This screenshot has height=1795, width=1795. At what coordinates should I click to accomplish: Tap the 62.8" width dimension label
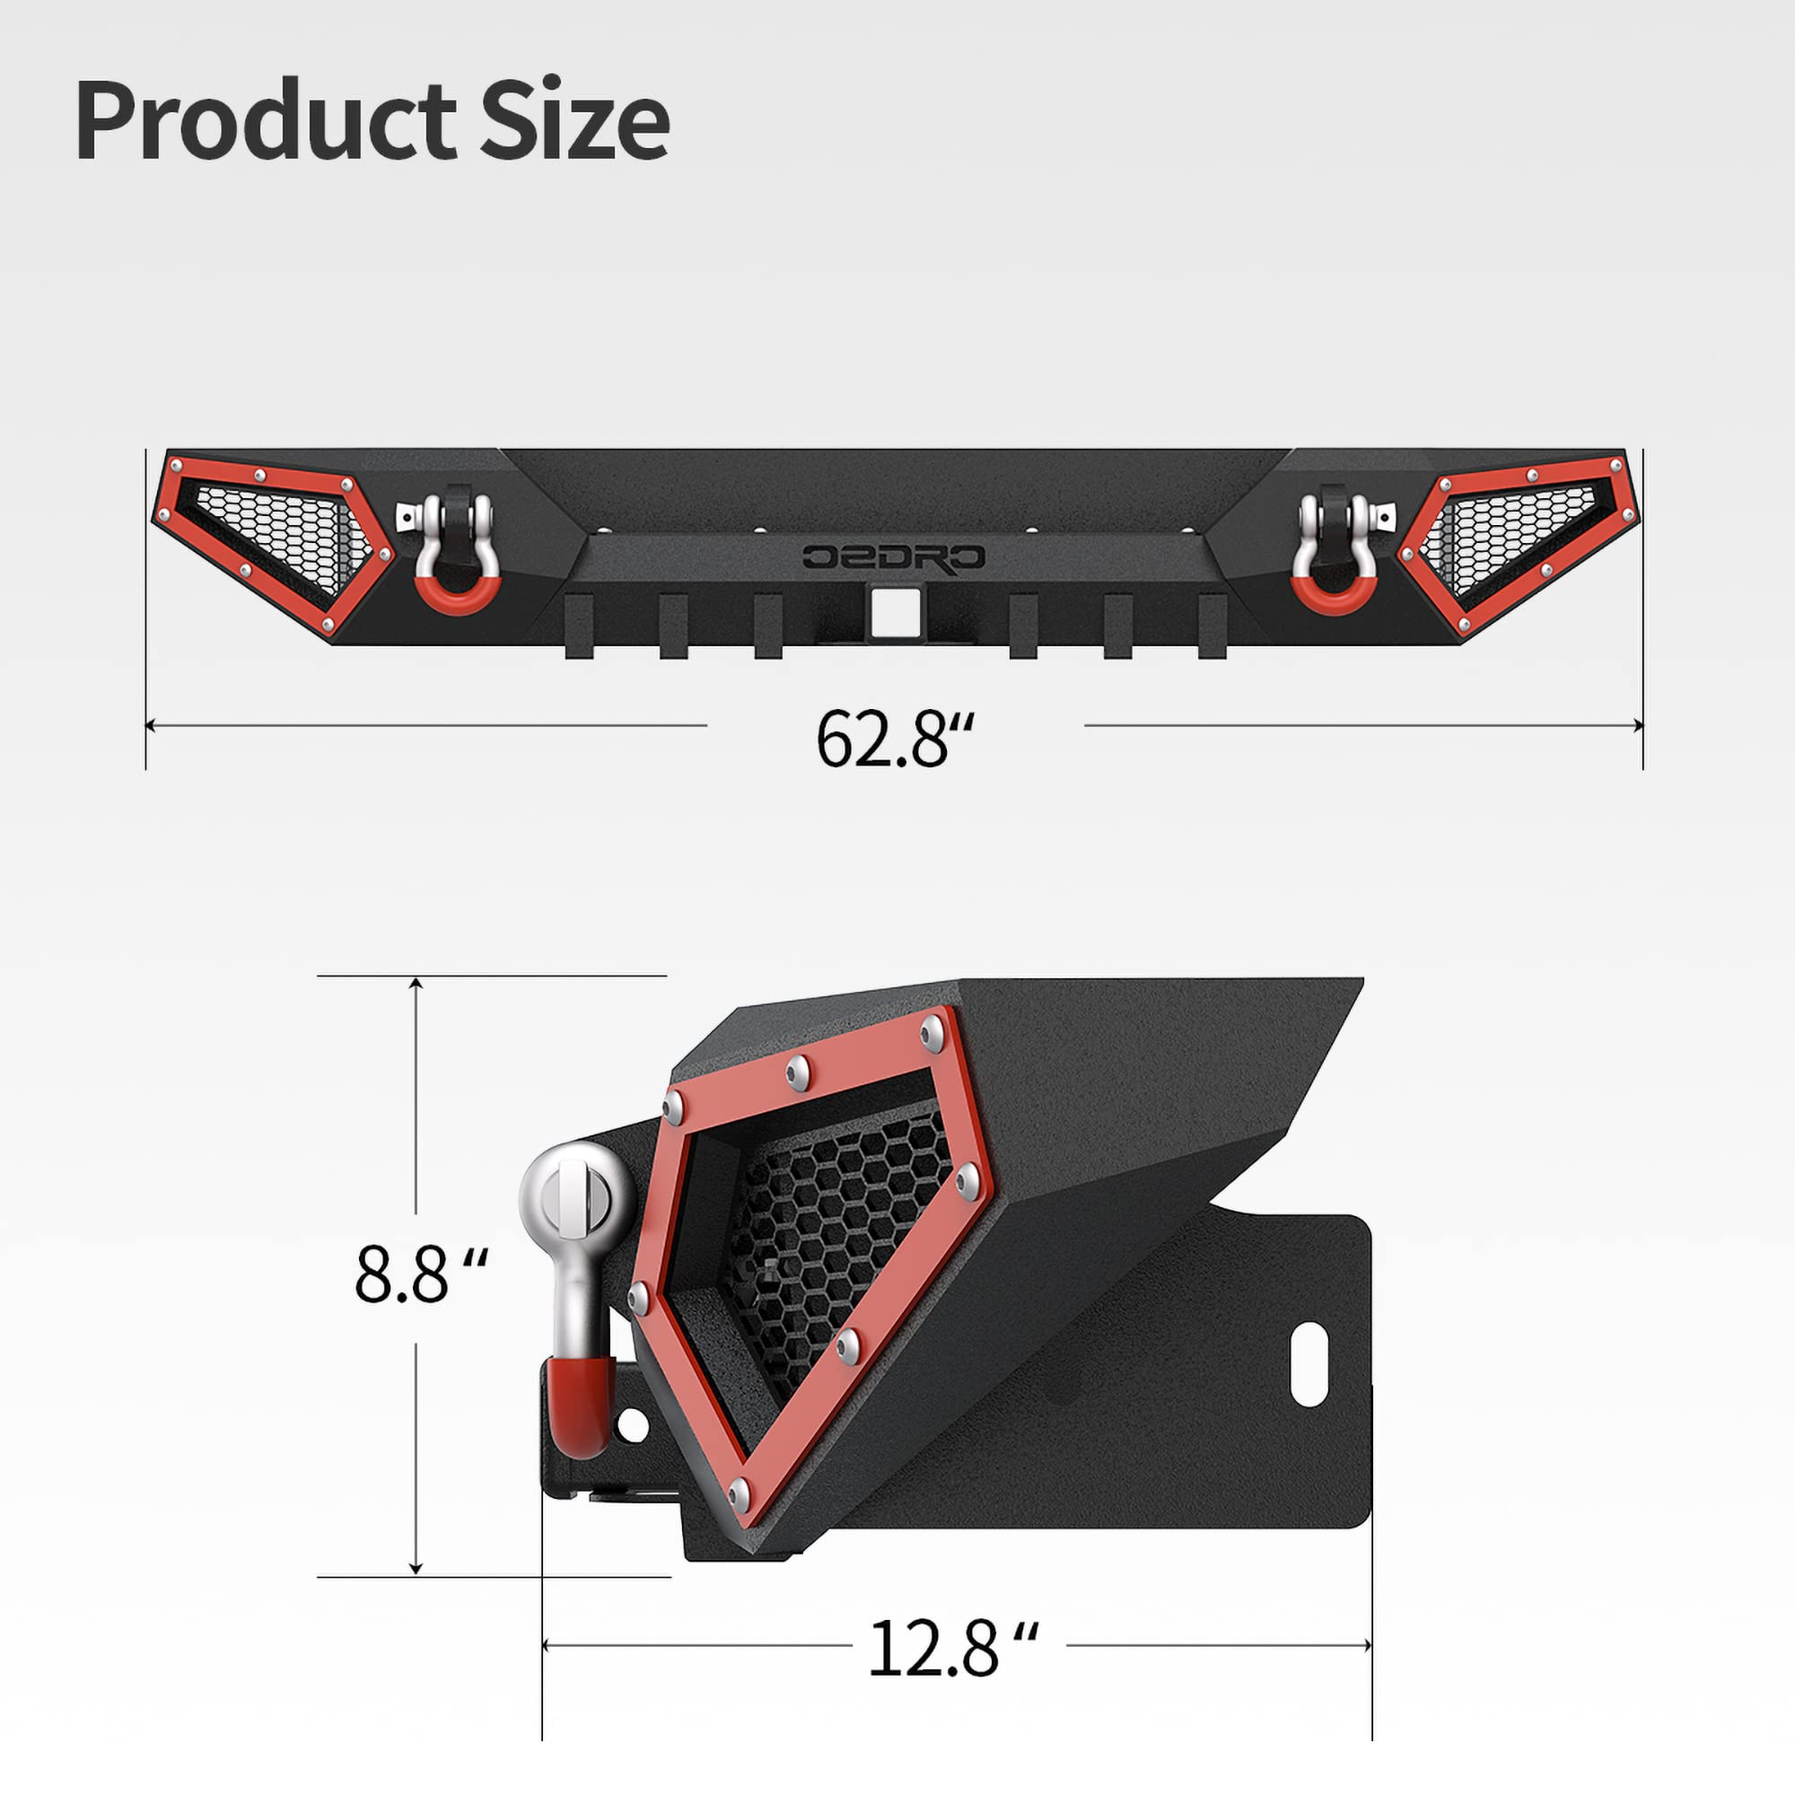[x=895, y=739]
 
